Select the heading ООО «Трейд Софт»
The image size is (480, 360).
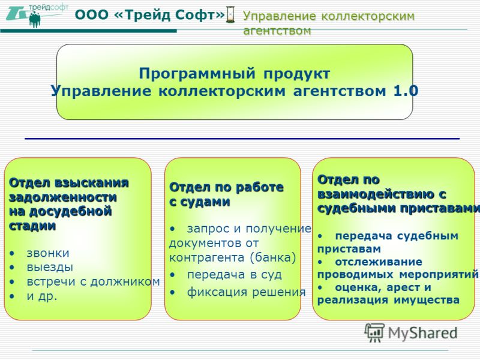click(x=150, y=14)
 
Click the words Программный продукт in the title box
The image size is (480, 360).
click(x=235, y=73)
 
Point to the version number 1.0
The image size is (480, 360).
click(x=406, y=91)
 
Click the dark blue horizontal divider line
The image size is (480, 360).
click(x=242, y=139)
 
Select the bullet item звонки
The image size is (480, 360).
click(x=48, y=253)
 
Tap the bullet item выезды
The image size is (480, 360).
click(x=50, y=267)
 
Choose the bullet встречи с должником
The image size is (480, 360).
click(x=94, y=281)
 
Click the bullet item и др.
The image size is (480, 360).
click(x=42, y=296)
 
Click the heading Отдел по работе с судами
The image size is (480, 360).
click(x=227, y=194)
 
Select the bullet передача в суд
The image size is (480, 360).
click(x=234, y=275)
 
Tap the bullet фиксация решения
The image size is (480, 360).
click(x=247, y=292)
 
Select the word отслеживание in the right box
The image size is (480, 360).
click(x=379, y=262)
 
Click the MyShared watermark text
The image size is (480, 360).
click(x=422, y=333)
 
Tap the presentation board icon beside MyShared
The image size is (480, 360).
click(x=374, y=332)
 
